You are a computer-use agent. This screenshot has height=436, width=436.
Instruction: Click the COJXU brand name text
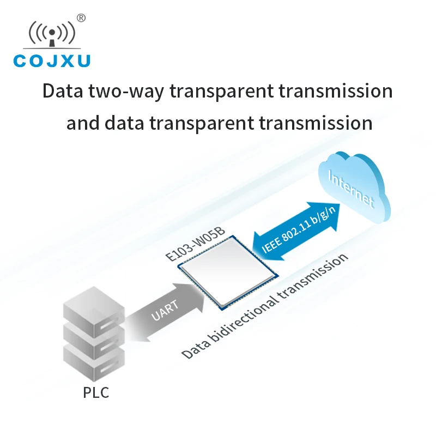(x=52, y=60)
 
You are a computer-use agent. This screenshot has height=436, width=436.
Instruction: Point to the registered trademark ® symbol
(x=81, y=18)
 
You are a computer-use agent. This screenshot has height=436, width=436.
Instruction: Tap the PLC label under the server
(x=96, y=392)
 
